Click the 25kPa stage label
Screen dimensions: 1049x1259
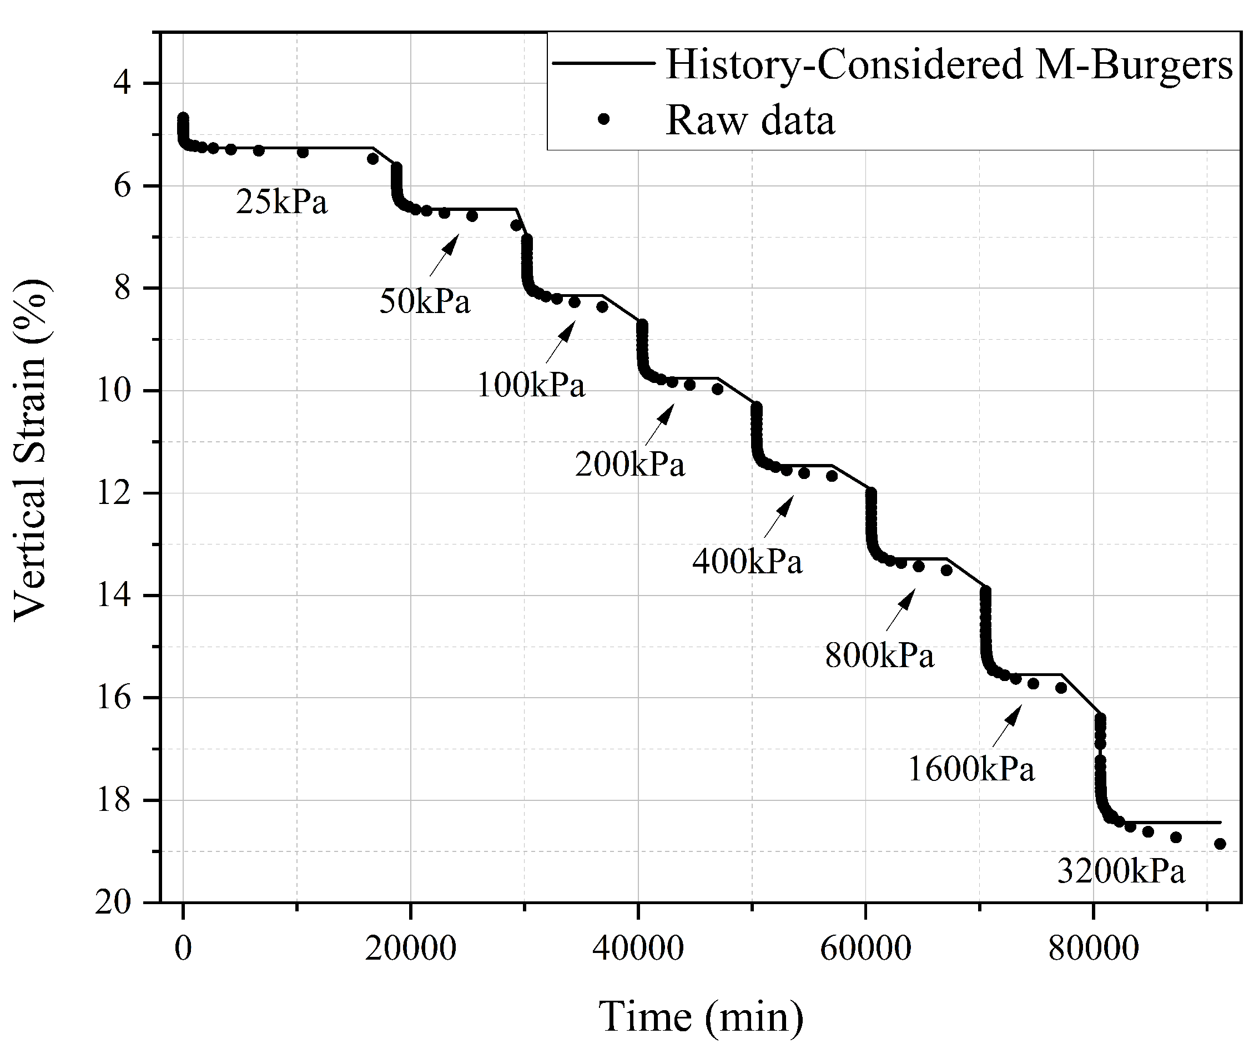pos(282,202)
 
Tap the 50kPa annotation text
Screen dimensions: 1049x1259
pos(425,301)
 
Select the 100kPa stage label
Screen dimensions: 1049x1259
pos(531,385)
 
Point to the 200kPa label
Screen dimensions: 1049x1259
pos(629,465)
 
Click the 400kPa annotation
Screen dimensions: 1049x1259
pos(747,562)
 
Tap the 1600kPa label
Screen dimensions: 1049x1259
pos(971,769)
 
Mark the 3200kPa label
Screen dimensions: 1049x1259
pos(1121,871)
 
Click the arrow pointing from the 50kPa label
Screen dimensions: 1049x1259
pos(444,255)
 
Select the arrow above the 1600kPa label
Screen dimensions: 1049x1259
pos(1007,726)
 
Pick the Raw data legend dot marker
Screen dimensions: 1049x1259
pos(604,119)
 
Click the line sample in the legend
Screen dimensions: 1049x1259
pos(602,63)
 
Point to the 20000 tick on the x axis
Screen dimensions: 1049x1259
pos(411,949)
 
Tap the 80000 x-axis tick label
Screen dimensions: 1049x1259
pos(1094,949)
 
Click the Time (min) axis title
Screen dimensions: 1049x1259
pos(701,1017)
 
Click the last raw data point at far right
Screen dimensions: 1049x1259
pos(1220,844)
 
